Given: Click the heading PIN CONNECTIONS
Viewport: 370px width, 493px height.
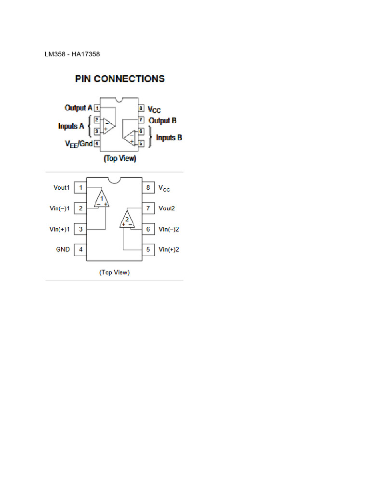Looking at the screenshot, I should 120,78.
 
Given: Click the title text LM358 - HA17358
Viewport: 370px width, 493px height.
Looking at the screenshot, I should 72,54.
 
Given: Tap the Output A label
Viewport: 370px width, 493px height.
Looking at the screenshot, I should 79,108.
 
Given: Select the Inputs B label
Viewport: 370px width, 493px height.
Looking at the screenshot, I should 169,138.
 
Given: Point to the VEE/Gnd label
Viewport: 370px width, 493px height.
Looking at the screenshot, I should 79,143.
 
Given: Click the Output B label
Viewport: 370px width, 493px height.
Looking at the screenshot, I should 162,120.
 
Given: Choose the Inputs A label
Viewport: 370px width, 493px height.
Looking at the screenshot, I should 71,126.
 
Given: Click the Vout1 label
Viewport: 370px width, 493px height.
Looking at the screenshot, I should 62,188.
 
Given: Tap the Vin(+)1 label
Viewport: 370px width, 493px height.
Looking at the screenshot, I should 60,229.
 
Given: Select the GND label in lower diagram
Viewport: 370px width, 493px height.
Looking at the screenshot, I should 63,249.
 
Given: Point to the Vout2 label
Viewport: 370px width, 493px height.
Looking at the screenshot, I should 167,208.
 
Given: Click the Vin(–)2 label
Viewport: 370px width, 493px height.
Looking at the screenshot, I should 169,229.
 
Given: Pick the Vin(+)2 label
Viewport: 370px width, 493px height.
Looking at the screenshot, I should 169,249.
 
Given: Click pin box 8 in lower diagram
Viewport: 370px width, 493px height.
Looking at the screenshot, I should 148,188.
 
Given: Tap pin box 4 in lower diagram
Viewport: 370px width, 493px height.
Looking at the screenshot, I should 80,249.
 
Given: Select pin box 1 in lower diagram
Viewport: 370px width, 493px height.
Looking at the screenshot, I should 80,188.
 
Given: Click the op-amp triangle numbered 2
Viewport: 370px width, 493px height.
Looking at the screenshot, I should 127,220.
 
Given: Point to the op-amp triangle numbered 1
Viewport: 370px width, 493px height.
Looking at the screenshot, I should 102,199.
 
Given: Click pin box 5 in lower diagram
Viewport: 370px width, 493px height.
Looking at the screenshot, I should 148,249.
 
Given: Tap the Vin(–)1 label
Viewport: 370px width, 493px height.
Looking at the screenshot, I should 60,208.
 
